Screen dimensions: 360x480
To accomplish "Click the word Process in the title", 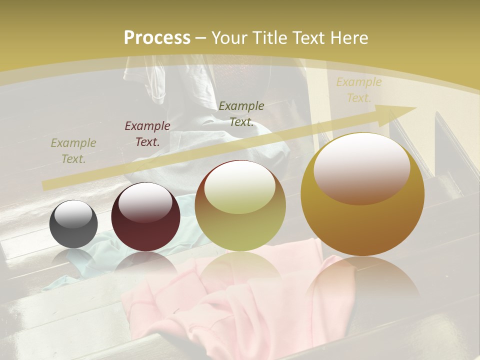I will click(157, 38).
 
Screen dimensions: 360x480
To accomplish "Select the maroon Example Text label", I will click(147, 134).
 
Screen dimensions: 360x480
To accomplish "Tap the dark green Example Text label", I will click(241, 113).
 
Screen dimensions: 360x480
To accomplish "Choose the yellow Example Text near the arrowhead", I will click(358, 90).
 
